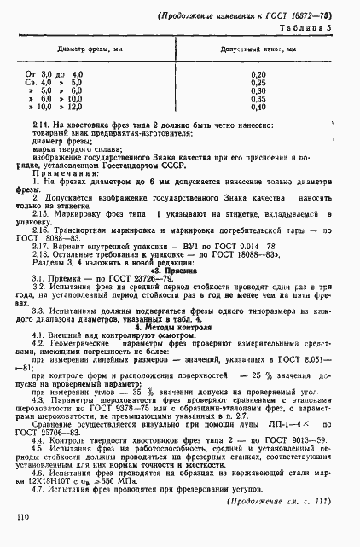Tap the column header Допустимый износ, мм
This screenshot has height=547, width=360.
(x=257, y=49)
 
